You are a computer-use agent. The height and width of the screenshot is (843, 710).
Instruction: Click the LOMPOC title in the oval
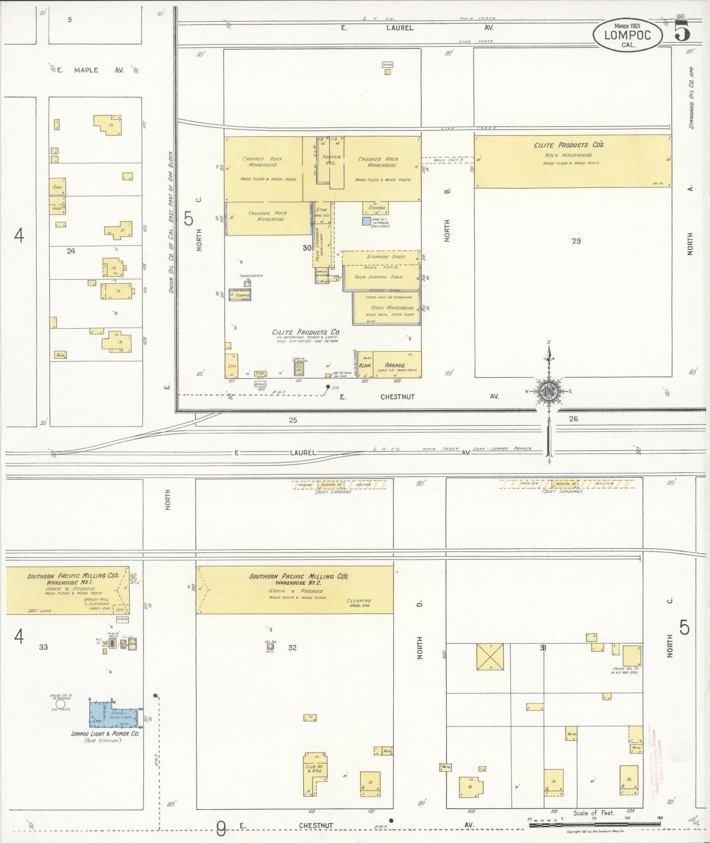point(627,35)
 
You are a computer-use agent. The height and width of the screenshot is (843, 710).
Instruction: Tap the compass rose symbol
point(549,391)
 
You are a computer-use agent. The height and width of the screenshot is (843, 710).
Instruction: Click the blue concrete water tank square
point(367,221)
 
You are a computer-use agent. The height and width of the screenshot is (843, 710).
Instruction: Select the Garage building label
point(395,365)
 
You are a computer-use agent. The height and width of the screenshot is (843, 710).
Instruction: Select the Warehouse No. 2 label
point(298,583)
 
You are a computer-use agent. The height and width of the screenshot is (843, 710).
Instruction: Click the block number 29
point(576,241)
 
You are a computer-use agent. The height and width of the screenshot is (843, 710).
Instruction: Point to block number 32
point(292,647)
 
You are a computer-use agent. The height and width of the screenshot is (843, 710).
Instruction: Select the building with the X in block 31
point(490,656)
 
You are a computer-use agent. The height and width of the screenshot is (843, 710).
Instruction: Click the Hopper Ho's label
point(331,160)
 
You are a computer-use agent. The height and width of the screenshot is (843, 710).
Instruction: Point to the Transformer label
point(251,276)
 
